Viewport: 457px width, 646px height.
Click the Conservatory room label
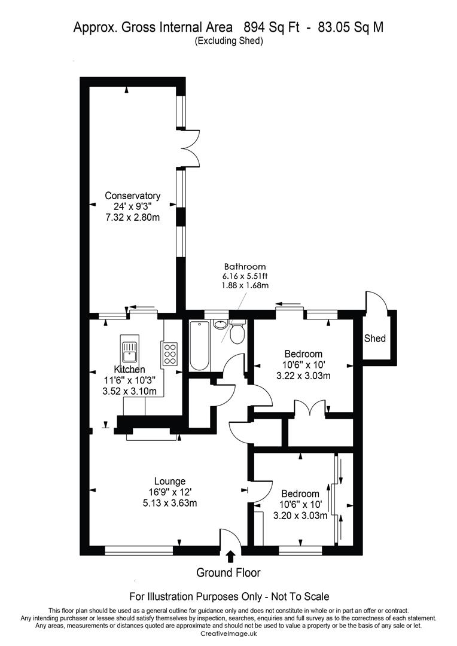132,196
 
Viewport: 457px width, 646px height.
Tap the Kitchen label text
129,369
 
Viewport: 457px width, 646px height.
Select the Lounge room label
170,481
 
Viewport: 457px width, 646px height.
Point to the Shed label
375,339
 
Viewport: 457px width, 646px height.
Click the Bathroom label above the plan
245,267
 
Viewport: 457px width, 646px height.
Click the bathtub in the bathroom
200,346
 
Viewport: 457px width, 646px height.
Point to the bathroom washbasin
221,324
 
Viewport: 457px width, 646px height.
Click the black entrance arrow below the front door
231,557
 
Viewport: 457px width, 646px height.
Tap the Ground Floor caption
228,572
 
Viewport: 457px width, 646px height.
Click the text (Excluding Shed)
228,41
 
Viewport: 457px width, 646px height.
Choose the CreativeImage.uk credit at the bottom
228,633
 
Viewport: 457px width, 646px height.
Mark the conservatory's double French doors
192,149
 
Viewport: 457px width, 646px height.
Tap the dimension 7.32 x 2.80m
132,217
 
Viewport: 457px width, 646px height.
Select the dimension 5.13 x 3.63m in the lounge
170,503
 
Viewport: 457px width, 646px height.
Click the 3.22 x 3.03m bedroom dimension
303,376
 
